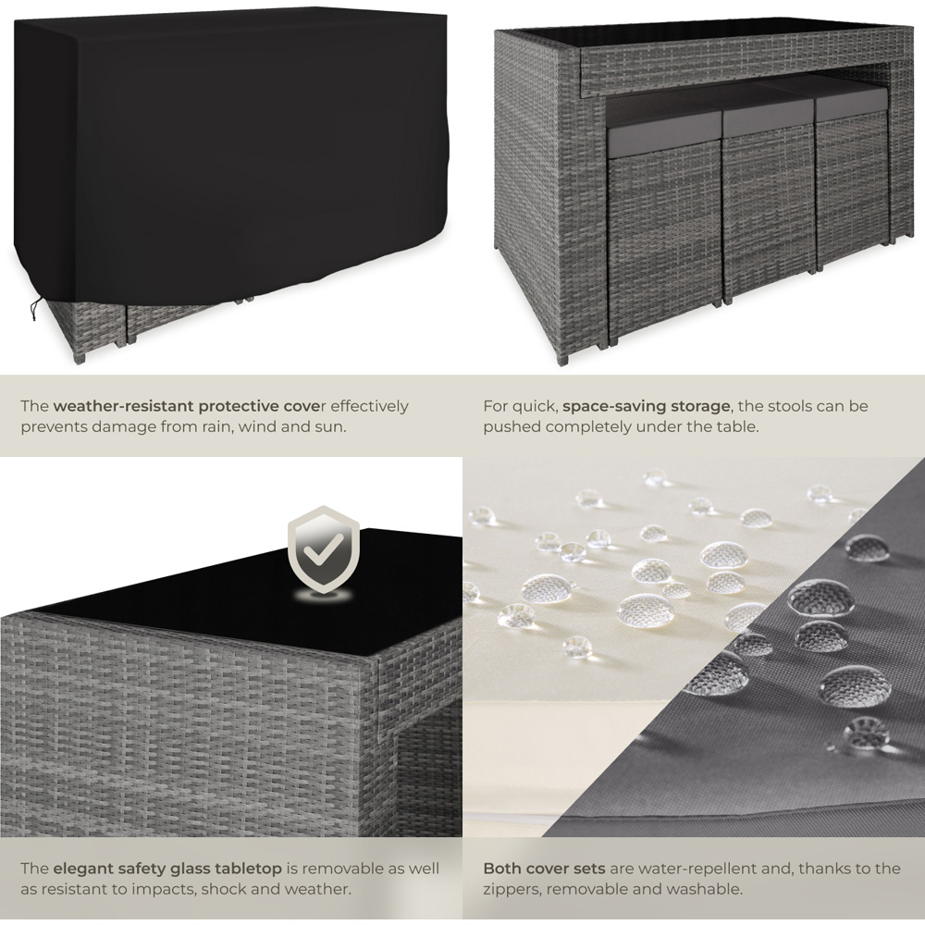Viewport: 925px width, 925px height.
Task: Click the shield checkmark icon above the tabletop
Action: point(323,549)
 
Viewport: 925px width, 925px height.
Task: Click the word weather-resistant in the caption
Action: point(123,406)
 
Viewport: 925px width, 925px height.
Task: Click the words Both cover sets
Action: point(544,869)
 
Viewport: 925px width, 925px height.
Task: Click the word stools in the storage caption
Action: point(800,406)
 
